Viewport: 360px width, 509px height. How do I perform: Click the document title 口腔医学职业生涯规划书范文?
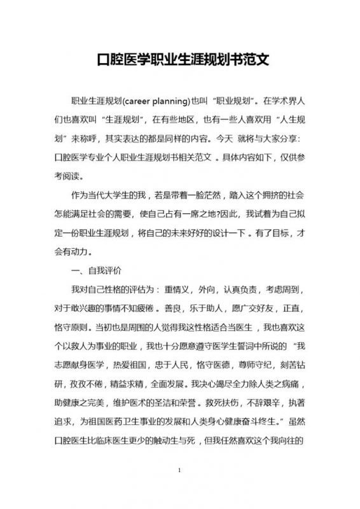coord(180,62)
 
